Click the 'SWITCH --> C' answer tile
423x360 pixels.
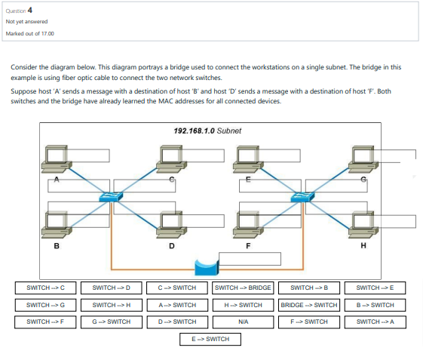pyautogui.click(x=45, y=288)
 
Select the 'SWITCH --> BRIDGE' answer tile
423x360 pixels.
pyautogui.click(x=243, y=288)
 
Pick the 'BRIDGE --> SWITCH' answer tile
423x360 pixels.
pyautogui.click(x=308, y=305)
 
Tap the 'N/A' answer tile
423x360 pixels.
pyautogui.click(x=243, y=322)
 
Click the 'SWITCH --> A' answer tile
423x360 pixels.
pyautogui.click(x=375, y=322)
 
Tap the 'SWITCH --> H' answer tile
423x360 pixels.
pyautogui.click(x=111, y=305)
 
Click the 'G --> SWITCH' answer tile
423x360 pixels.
pyautogui.click(x=111, y=322)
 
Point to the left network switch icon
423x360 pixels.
pyautogui.click(x=111, y=196)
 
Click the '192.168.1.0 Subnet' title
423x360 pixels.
pyautogui.click(x=207, y=131)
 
